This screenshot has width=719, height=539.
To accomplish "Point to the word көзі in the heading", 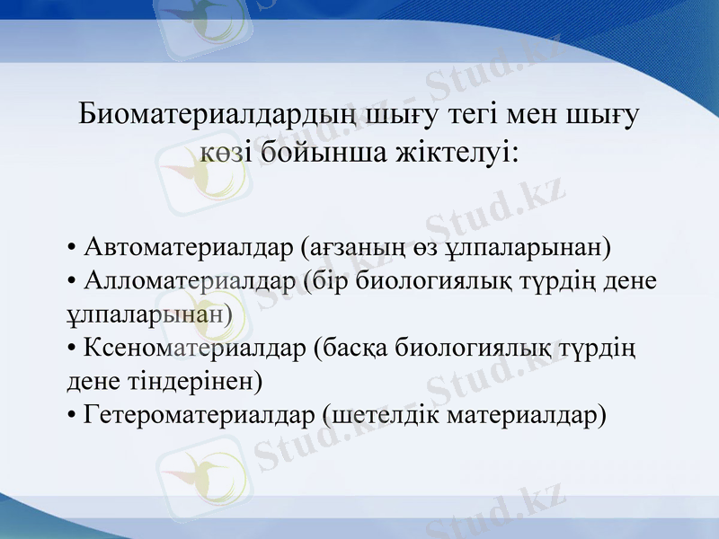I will pos(226,151).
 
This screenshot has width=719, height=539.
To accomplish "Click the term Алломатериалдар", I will pos(190,280).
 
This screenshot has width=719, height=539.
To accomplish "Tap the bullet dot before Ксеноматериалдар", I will pos(72,349).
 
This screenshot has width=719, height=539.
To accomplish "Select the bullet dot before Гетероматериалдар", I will pos(72,417).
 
